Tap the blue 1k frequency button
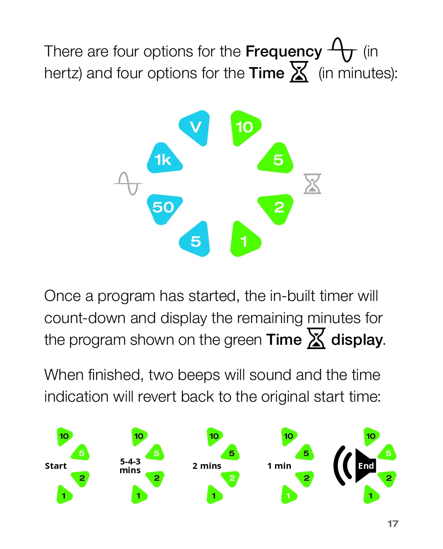click(164, 159)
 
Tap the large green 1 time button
click(244, 240)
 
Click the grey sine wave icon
click(128, 183)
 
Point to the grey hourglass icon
click(312, 184)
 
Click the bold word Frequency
click(284, 51)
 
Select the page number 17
click(393, 524)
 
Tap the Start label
click(56, 466)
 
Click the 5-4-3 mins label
click(130, 466)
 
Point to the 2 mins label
click(207, 466)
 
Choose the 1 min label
click(279, 466)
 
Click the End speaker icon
click(355, 466)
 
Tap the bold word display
click(357, 340)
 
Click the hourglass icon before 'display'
click(316, 338)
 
